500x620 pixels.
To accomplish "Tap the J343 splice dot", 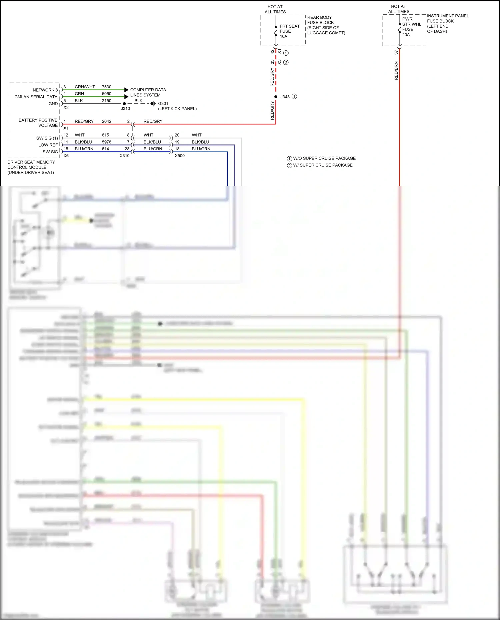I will click(276, 97).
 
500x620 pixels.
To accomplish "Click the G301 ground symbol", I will click(153, 104).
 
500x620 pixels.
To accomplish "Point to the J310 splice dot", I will click(124, 104).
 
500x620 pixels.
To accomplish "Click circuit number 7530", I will click(107, 87).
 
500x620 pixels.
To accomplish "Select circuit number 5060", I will click(107, 94).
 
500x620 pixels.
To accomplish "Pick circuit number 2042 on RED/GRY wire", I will click(107, 122).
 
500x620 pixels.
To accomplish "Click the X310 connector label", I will click(125, 156).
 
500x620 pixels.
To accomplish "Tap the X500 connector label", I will click(180, 156).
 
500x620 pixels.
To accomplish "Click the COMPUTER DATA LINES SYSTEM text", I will click(148, 93).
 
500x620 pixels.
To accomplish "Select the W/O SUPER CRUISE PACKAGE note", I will click(324, 159).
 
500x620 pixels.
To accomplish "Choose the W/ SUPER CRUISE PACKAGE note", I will click(322, 165).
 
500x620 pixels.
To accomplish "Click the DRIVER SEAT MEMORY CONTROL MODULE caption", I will click(31, 167).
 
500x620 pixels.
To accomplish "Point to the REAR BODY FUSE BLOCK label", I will click(326, 25).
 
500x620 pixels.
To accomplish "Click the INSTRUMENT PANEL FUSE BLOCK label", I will click(447, 24).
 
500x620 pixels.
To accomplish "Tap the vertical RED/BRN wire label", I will click(396, 71).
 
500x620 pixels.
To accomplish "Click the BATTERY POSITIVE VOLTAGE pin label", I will click(38, 123).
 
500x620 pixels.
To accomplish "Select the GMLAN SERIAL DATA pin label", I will click(36, 97).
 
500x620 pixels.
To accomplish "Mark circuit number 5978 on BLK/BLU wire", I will click(107, 142).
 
